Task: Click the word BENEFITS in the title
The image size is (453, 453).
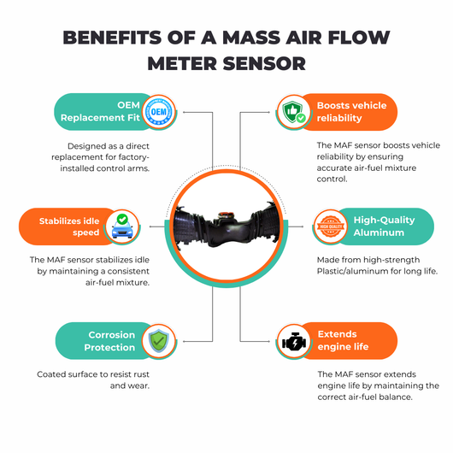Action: [112, 38]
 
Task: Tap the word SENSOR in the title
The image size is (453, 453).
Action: [264, 63]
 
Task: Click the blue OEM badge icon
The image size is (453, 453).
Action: [159, 111]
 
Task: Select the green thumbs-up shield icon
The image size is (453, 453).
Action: [294, 112]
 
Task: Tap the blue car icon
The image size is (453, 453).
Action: [122, 226]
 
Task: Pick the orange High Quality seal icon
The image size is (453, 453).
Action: [331, 226]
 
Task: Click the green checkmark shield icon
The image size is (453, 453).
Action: [159, 341]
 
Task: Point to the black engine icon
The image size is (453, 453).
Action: [294, 342]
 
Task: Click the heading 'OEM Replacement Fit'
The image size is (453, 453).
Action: [100, 111]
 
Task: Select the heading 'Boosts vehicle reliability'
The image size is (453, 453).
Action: [351, 112]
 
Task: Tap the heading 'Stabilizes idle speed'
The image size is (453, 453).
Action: [69, 226]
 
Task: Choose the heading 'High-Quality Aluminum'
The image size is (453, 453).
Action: [384, 226]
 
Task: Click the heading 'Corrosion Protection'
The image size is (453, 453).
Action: [109, 341]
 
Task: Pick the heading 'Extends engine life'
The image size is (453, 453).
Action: [343, 340]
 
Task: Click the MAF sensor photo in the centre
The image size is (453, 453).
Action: [226, 226]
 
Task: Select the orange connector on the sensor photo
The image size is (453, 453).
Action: [226, 215]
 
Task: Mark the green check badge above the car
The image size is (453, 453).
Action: [122, 219]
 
